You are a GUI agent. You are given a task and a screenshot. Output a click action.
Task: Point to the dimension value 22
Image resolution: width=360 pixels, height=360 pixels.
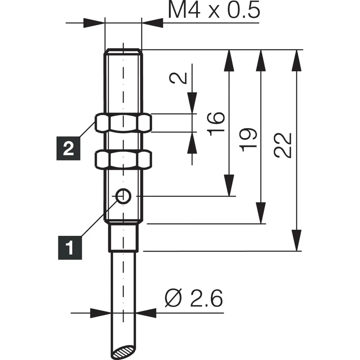tap(283, 145)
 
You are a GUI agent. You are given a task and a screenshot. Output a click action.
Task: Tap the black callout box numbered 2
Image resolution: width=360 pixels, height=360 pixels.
tap(68, 150)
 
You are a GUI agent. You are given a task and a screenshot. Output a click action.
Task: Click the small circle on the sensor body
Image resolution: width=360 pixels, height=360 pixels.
tap(123, 196)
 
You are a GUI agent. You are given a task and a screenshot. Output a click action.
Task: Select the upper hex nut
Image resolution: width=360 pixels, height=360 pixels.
tap(123, 123)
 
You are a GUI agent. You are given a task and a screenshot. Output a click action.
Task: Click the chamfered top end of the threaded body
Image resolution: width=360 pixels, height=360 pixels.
tap(123, 51)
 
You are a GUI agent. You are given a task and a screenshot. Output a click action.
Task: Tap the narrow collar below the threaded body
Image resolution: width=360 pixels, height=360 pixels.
tap(124, 238)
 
